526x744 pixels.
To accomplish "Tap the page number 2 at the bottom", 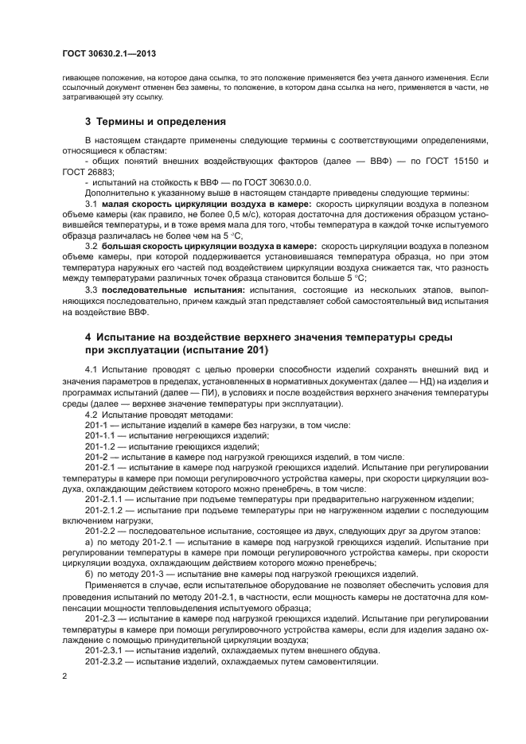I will click(64, 676).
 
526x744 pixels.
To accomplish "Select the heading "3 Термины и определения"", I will click(155, 122).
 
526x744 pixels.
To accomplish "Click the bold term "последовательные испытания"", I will click(173, 290).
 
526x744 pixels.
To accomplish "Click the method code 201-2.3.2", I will click(104, 661).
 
